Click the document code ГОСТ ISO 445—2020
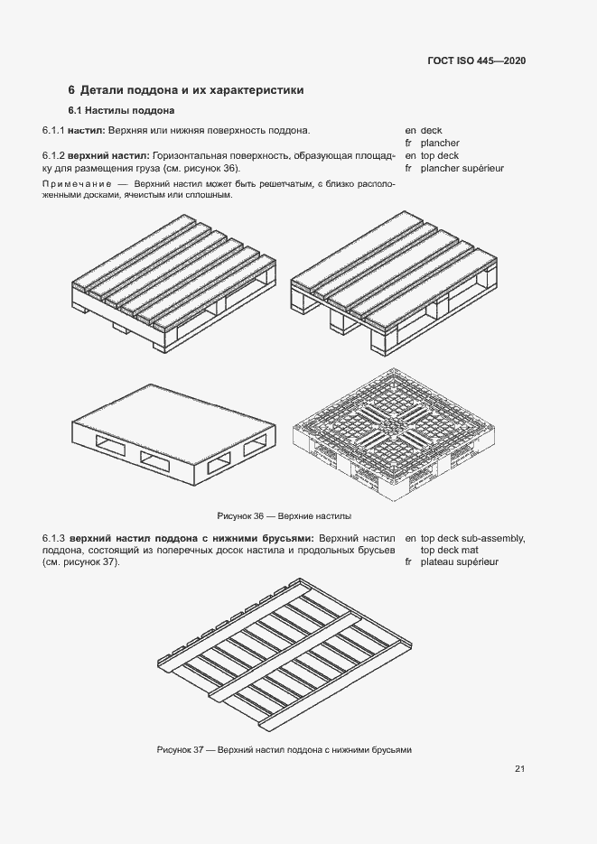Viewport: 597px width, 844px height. pos(476,61)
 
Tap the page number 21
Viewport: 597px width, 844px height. pos(519,769)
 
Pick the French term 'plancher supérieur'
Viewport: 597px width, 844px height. pos(462,168)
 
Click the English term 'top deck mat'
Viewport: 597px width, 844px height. pos(450,550)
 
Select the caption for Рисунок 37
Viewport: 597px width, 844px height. pos(284,750)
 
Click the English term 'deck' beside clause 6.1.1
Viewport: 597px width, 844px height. pos(432,131)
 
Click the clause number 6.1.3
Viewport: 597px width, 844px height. pos(54,538)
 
